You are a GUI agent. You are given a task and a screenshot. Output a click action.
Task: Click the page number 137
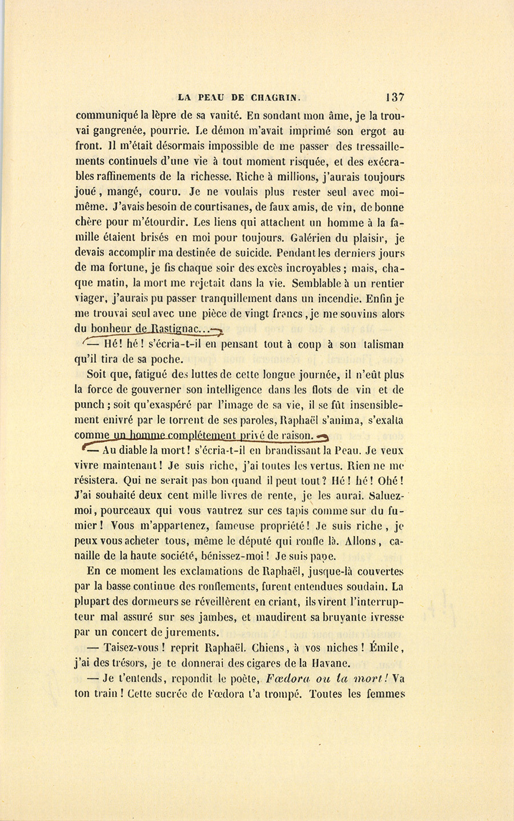pyautogui.click(x=395, y=97)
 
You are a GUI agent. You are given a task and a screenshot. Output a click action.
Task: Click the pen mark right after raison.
pyautogui.click(x=323, y=437)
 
